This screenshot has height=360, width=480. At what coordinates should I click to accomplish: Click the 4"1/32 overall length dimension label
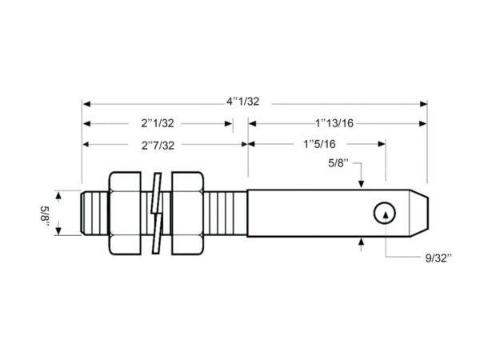point(242,102)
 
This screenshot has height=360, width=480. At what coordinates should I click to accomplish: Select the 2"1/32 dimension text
point(158,123)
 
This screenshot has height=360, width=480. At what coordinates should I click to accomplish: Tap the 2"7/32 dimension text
point(158,146)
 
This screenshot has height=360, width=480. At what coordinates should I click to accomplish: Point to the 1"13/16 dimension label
point(334,123)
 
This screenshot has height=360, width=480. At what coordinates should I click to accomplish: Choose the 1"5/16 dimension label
point(319,144)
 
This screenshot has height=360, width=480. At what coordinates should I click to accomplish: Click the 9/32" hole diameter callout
point(438,258)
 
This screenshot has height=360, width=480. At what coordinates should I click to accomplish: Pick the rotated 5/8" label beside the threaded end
point(45,217)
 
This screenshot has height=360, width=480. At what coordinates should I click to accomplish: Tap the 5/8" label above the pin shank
point(338,163)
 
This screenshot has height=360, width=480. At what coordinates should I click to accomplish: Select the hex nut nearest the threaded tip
point(125,213)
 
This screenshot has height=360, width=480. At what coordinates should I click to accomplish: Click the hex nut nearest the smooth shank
point(187,213)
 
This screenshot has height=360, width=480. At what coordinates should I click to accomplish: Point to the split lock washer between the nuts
point(157,214)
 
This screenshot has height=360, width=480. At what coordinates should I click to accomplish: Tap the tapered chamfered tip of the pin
point(418,213)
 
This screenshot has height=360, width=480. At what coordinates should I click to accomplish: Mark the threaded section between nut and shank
point(226,213)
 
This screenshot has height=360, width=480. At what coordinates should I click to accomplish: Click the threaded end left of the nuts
point(95,213)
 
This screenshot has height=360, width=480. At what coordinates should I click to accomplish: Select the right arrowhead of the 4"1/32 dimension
point(423,104)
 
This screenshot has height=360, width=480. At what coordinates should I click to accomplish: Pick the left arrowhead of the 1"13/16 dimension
point(252,124)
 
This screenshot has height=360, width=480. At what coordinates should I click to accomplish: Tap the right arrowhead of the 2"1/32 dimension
point(229,124)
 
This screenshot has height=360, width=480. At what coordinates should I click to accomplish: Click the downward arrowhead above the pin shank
point(362,184)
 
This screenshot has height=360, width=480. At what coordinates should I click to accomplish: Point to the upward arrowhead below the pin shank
point(362,242)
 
